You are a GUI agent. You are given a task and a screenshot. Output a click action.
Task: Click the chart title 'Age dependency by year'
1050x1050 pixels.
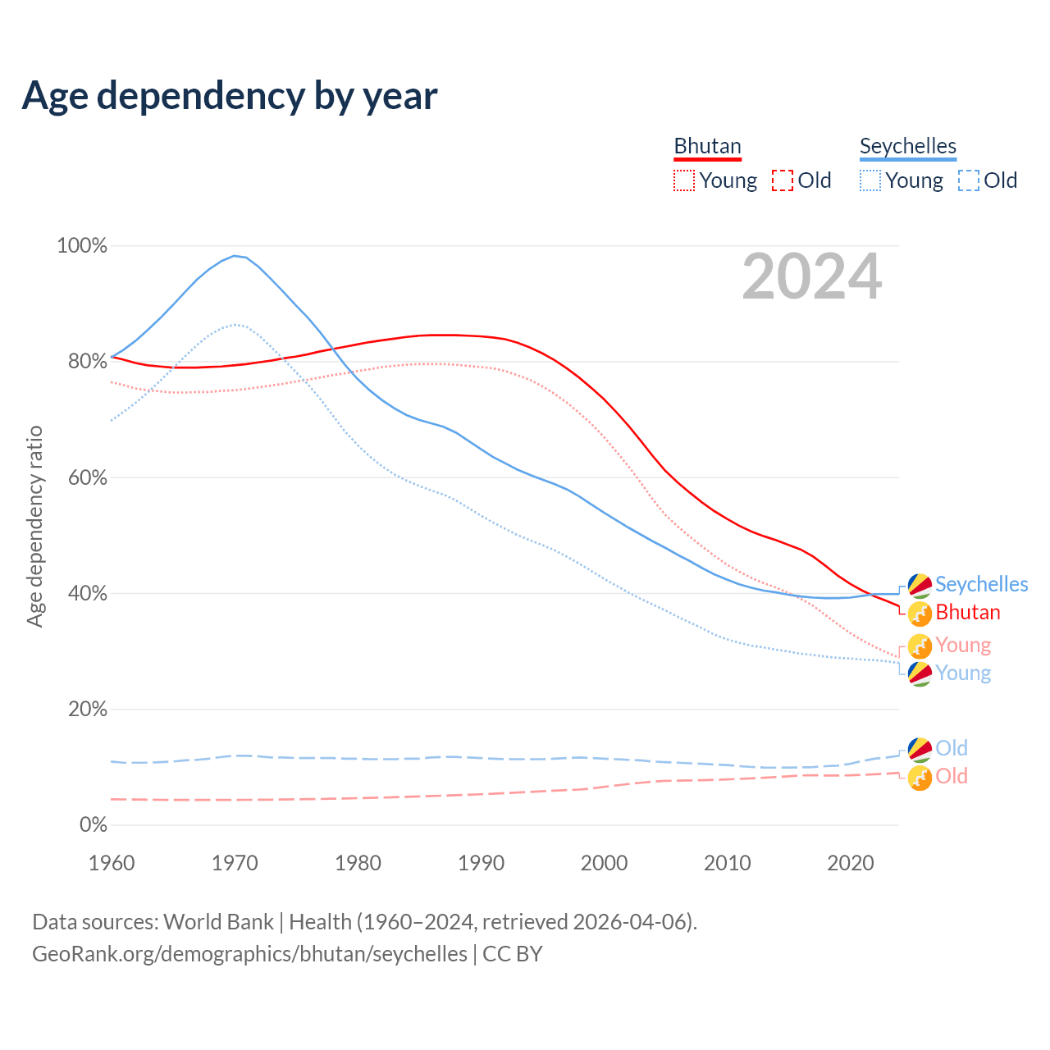click(x=230, y=96)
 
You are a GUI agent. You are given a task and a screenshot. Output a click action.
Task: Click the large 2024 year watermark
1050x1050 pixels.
click(x=812, y=276)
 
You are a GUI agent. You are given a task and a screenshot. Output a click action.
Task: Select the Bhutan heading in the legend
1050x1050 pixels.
click(x=707, y=146)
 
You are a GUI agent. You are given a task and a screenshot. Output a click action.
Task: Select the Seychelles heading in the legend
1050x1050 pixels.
click(x=907, y=146)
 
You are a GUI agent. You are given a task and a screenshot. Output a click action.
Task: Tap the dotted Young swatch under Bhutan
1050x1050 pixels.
click(x=683, y=180)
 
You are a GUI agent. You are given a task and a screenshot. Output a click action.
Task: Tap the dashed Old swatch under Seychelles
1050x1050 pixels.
click(x=969, y=180)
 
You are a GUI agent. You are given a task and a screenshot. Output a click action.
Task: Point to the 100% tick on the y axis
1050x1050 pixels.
click(x=82, y=245)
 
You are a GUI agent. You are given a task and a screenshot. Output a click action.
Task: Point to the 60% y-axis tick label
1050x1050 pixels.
click(x=82, y=477)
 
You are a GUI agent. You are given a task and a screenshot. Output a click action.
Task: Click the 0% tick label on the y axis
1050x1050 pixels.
click(x=93, y=824)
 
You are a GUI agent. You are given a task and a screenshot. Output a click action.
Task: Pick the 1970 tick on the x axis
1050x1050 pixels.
click(x=235, y=863)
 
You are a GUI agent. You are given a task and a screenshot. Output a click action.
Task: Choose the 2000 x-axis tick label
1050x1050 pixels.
click(x=605, y=863)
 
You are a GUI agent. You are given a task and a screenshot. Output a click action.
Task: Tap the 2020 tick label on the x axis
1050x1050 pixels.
click(x=851, y=863)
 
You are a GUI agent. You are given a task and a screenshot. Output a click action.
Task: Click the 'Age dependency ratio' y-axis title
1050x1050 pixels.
click(x=34, y=526)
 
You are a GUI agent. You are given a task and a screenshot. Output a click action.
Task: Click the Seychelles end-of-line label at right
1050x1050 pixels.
click(x=981, y=584)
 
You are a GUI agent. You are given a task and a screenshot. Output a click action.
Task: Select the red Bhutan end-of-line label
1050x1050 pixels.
click(x=968, y=612)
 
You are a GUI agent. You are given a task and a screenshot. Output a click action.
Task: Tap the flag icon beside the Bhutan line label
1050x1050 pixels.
click(x=920, y=613)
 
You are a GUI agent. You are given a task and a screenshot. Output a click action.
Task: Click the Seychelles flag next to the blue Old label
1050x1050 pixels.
click(x=920, y=748)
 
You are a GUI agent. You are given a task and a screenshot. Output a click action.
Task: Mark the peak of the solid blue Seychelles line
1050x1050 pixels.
click(x=235, y=256)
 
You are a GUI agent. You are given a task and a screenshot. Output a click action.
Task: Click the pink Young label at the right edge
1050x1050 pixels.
click(x=963, y=645)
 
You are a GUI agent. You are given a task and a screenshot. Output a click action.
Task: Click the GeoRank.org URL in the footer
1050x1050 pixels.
click(x=249, y=954)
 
